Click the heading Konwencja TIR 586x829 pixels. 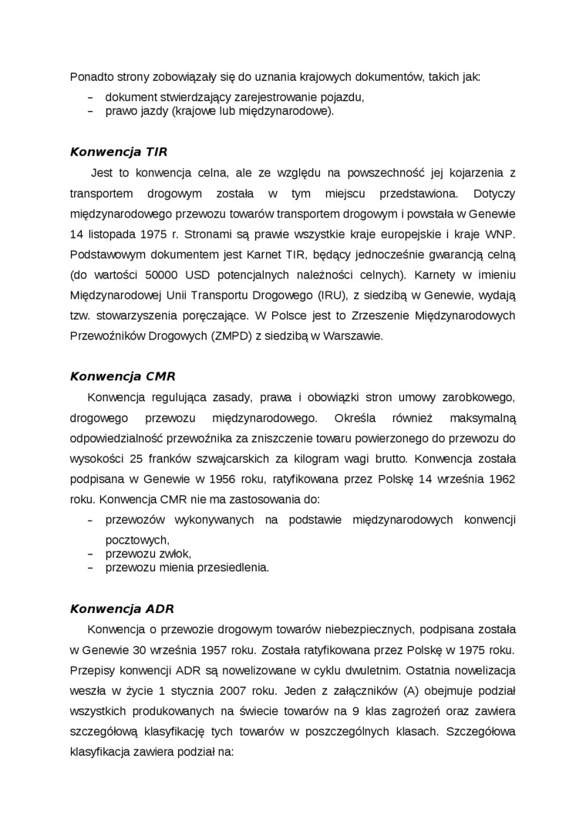click(x=119, y=152)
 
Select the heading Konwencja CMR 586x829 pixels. click(x=123, y=376)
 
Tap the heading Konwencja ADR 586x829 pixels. click(x=123, y=608)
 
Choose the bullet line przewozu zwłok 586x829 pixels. click(x=147, y=553)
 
